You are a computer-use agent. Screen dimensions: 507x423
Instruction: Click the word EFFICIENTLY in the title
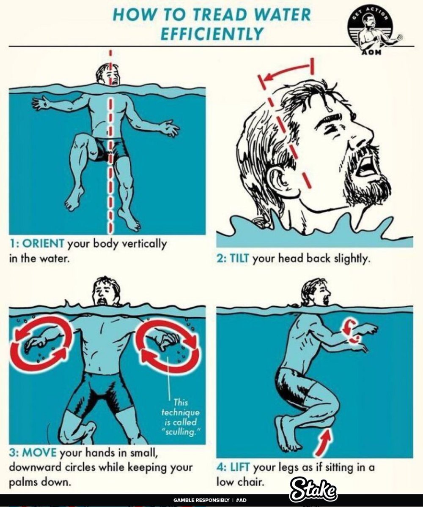coord(212,33)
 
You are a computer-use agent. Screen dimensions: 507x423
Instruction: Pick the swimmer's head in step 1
coord(107,74)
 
